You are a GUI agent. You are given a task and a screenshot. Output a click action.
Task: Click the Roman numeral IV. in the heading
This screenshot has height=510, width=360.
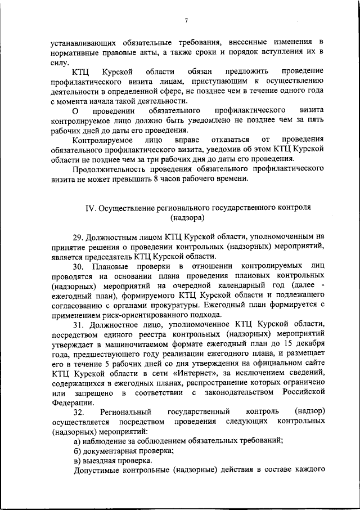tap(91, 207)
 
